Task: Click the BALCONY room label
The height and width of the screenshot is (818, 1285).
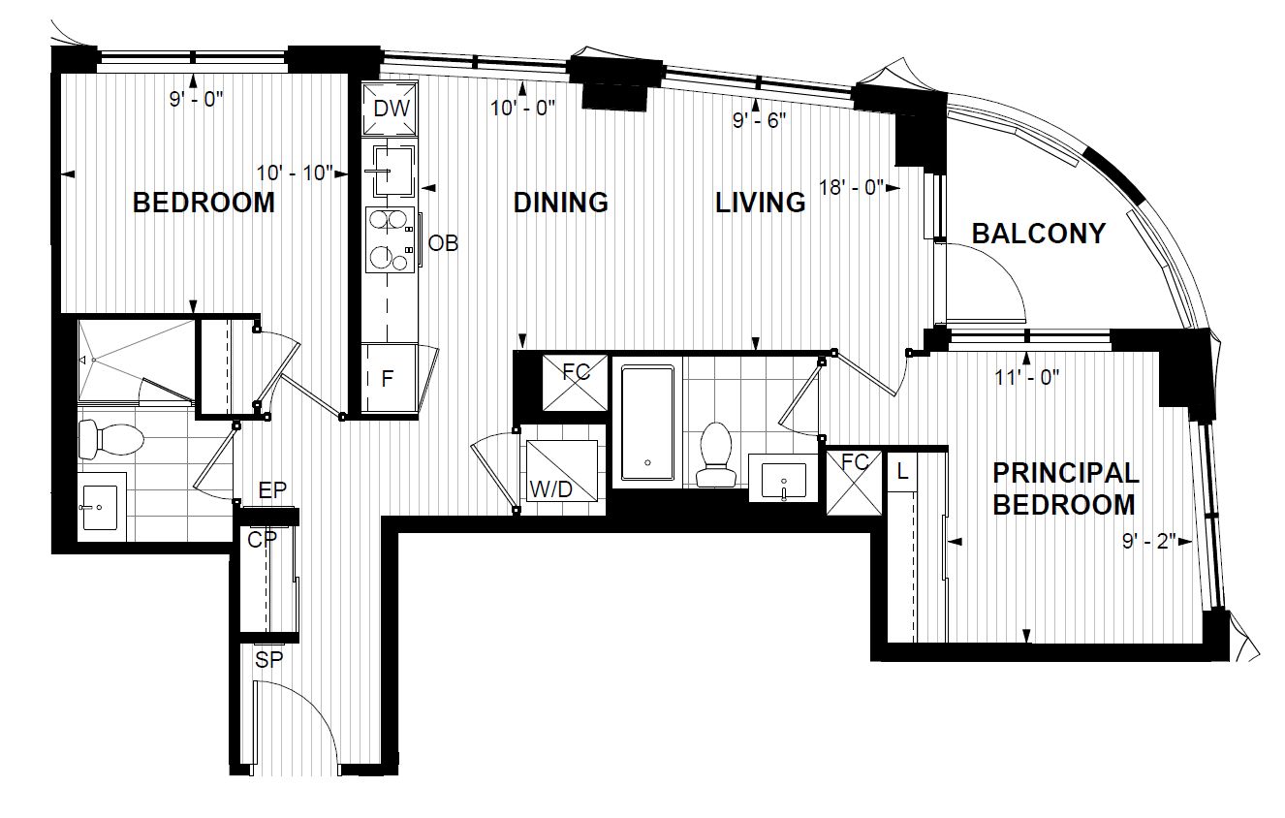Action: pyautogui.click(x=1038, y=234)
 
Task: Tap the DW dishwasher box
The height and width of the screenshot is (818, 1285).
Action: pyautogui.click(x=391, y=109)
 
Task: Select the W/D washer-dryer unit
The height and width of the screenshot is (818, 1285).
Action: pyautogui.click(x=562, y=471)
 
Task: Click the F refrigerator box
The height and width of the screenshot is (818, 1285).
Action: pyautogui.click(x=389, y=377)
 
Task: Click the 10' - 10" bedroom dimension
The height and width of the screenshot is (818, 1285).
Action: pyautogui.click(x=295, y=173)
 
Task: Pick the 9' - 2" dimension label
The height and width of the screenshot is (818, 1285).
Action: pyautogui.click(x=1149, y=542)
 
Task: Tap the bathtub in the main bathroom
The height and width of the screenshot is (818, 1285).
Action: pyautogui.click(x=647, y=424)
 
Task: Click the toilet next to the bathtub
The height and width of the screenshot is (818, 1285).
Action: pyautogui.click(x=716, y=455)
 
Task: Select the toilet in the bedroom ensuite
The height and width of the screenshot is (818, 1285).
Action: pyautogui.click(x=110, y=440)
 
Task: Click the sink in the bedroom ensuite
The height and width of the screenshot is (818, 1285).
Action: pyautogui.click(x=100, y=508)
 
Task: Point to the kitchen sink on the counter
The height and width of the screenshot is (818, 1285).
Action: pyautogui.click(x=392, y=171)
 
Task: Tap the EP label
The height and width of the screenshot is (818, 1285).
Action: pyautogui.click(x=272, y=490)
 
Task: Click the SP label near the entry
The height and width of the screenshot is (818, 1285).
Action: pyautogui.click(x=268, y=660)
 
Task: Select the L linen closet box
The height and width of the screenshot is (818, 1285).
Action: pyautogui.click(x=902, y=472)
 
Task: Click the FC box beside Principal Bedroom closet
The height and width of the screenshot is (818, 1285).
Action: pyautogui.click(x=854, y=483)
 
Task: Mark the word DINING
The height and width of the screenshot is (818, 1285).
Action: pyautogui.click(x=560, y=203)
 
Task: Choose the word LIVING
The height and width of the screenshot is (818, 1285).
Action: pyautogui.click(x=760, y=204)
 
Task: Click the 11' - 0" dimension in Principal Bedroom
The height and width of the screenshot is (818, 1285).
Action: pyautogui.click(x=1026, y=377)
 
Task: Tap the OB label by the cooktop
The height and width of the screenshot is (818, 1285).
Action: pyautogui.click(x=444, y=244)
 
